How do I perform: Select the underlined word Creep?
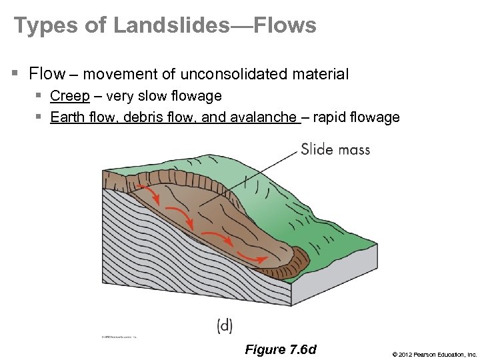click(69, 96)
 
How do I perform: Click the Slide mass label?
click(335, 149)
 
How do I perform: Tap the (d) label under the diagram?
click(225, 325)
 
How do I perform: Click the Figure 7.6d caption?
click(281, 349)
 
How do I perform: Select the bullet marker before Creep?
click(39, 97)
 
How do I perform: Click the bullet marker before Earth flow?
click(39, 118)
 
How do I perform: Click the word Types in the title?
click(39, 26)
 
